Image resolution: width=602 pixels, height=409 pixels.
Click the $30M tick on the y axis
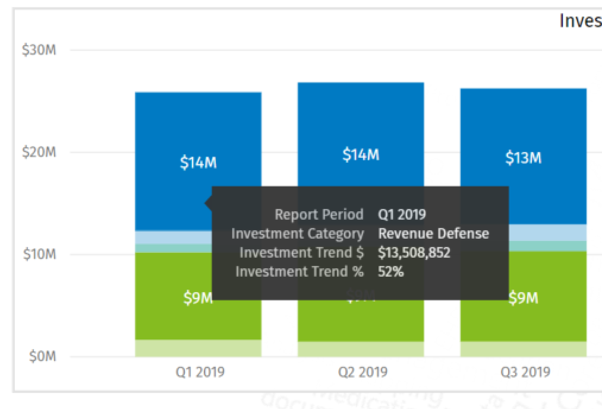39,50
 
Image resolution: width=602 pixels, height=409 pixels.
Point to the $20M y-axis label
39,152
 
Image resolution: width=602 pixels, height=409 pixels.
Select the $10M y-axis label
39,254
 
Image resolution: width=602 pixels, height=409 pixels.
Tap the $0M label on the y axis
42,356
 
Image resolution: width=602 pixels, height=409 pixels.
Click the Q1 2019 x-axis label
200,372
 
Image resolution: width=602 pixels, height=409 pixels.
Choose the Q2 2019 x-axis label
363,372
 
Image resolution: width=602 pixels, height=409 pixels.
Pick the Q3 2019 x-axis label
525,372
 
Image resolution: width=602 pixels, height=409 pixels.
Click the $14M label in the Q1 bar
198,163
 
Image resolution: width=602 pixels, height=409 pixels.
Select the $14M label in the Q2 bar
361,155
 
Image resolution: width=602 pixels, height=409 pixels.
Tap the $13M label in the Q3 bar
524,158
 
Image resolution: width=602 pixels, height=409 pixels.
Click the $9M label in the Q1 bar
198,298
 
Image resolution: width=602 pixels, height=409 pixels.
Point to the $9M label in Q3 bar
524,298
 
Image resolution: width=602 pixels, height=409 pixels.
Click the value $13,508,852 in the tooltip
414,252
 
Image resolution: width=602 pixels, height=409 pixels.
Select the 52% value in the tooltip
391,271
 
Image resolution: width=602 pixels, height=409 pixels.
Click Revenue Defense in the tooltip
433,233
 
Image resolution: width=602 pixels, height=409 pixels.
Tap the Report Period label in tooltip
319,214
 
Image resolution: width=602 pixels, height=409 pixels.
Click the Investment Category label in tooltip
297,233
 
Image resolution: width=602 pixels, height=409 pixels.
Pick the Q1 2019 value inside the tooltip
402,214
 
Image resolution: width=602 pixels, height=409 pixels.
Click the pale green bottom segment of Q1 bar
172,348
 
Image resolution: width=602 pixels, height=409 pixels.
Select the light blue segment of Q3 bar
547,232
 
